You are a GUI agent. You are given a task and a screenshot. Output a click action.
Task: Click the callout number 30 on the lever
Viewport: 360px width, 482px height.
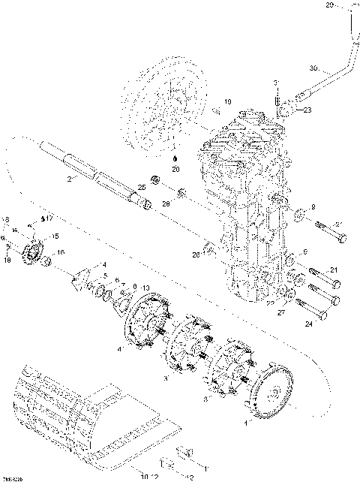click(x=313, y=68)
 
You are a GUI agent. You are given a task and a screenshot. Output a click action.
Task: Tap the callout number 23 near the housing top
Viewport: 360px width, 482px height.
click(x=307, y=110)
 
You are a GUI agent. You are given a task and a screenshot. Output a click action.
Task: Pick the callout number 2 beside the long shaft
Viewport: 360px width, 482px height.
click(x=69, y=179)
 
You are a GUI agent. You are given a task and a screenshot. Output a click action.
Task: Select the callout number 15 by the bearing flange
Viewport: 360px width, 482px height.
click(x=52, y=236)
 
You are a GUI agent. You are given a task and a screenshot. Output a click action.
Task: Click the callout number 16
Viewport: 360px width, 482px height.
click(x=61, y=252)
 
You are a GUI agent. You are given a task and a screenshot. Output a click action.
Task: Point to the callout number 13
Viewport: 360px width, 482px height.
click(x=145, y=288)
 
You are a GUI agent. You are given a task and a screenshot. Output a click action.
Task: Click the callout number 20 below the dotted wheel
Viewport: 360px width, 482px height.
click(x=175, y=170)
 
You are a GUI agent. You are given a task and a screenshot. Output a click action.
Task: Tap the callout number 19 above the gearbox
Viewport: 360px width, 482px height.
click(x=228, y=101)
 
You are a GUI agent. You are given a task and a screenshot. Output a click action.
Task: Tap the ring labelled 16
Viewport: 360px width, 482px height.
click(x=45, y=260)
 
